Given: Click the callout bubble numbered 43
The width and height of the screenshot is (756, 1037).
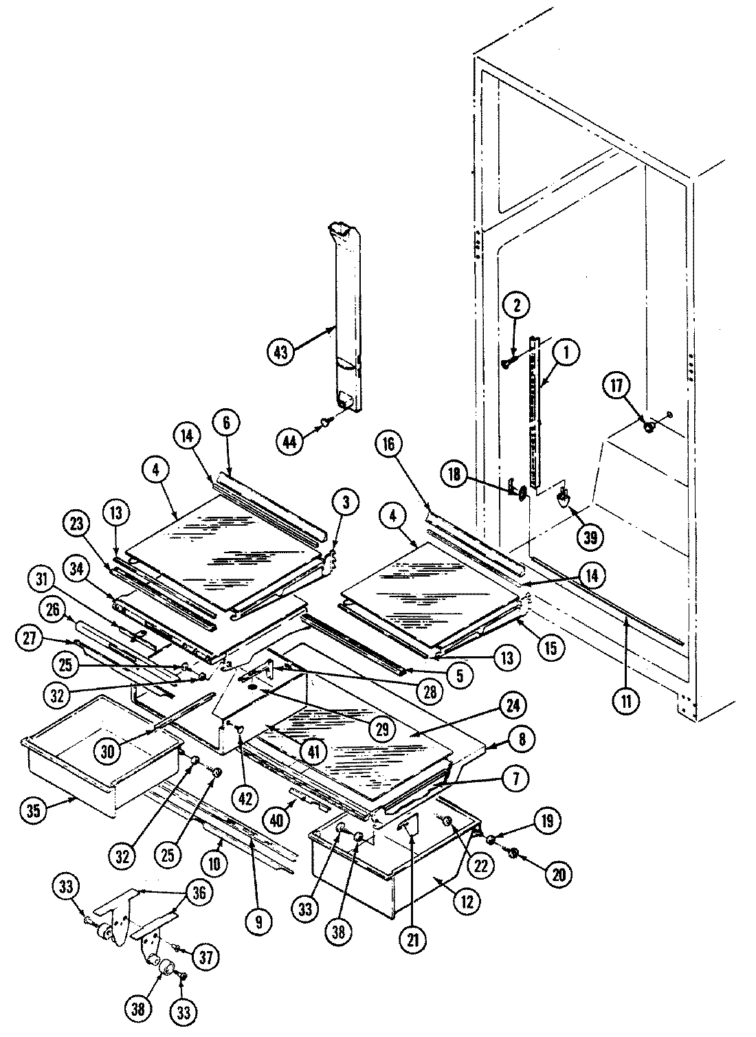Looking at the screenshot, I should click(280, 351).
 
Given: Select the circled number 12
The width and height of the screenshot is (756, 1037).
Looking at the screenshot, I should click(467, 902).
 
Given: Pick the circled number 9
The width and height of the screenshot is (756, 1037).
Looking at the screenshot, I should click(258, 922).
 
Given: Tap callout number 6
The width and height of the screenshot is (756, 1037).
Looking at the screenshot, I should click(226, 423).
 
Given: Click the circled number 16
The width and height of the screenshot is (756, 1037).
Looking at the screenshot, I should click(388, 445).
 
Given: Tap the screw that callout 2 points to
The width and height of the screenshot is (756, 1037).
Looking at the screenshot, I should click(509, 362).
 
